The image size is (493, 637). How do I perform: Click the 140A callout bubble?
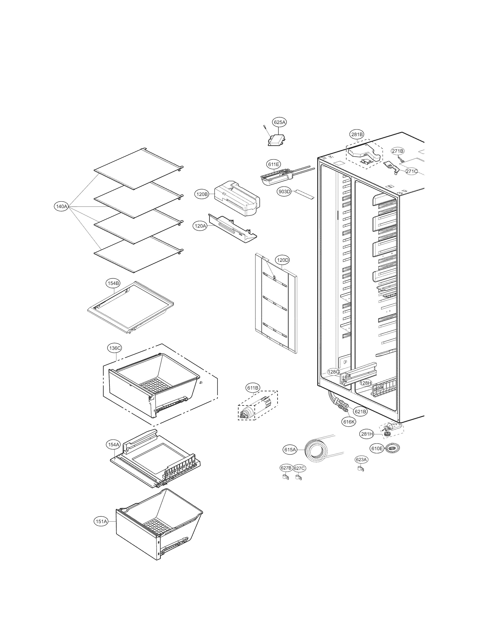(61, 207)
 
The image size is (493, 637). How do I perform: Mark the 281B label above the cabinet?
(357, 135)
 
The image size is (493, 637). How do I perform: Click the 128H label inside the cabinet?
(365, 383)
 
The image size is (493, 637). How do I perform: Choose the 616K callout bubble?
(349, 422)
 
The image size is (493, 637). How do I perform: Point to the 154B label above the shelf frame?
(113, 283)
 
